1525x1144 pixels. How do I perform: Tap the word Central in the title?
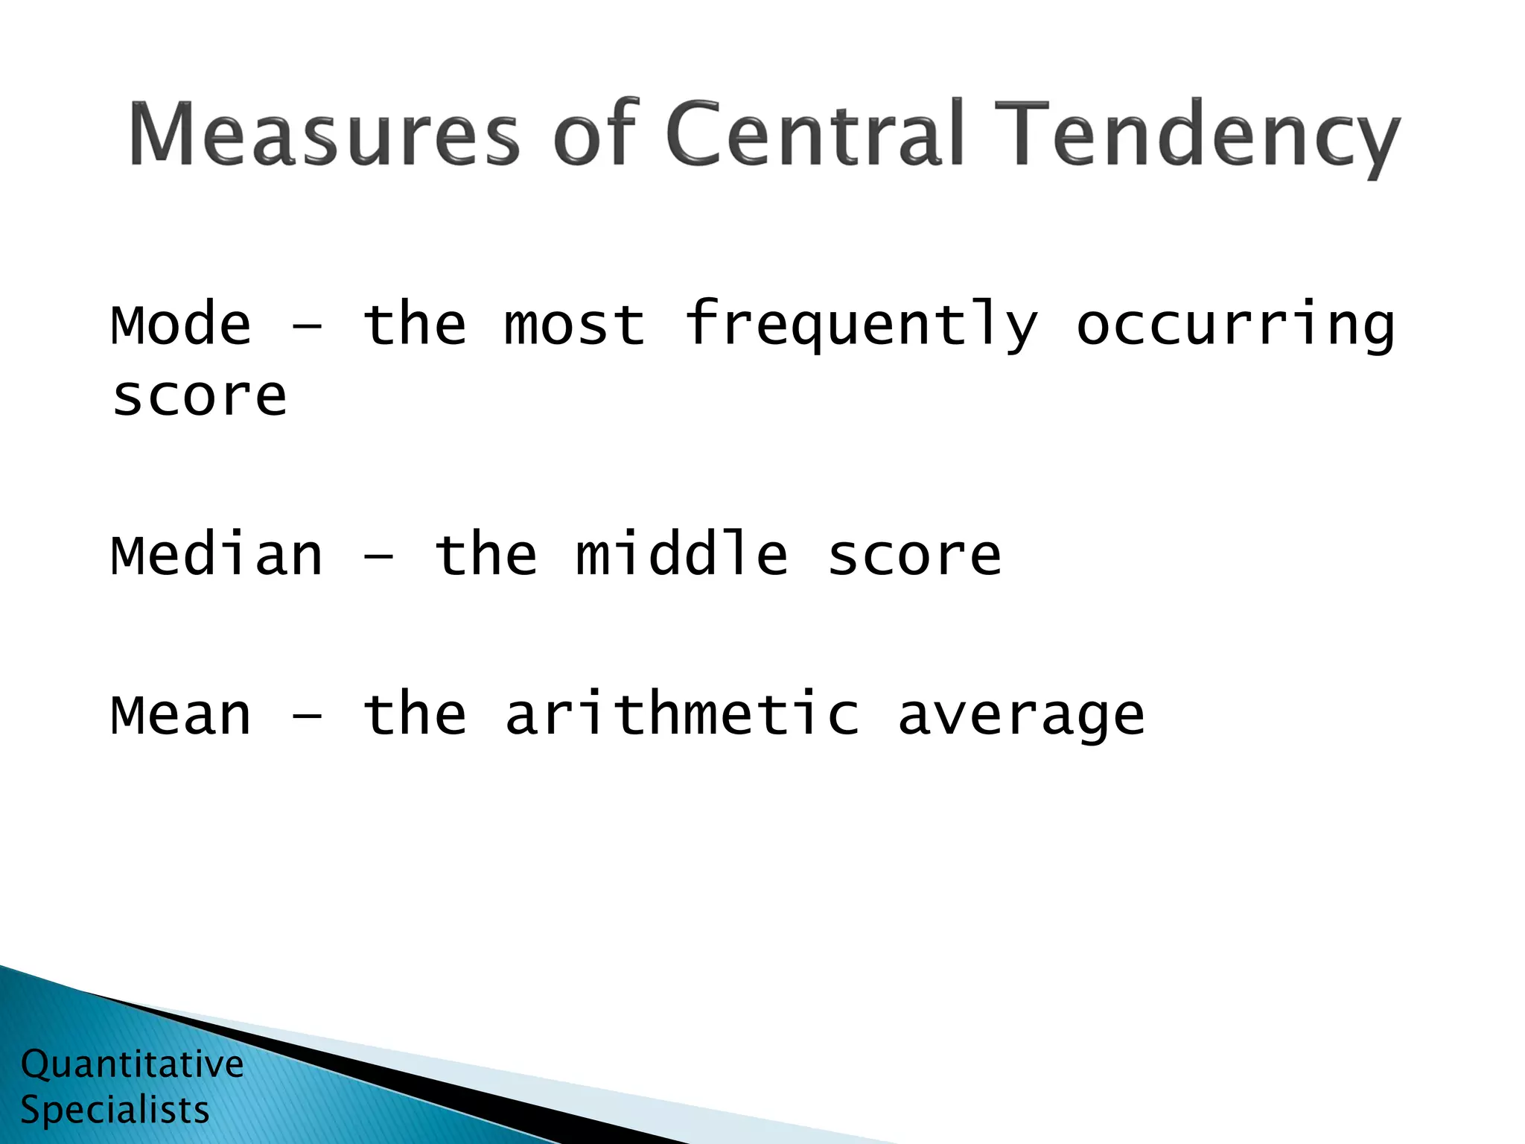[x=816, y=134]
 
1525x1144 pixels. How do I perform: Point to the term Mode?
[x=181, y=326]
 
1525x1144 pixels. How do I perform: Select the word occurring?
[x=1235, y=326]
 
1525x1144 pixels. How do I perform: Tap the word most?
[x=574, y=326]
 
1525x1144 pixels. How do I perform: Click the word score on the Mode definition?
[x=199, y=396]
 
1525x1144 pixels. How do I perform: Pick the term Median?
[x=217, y=556]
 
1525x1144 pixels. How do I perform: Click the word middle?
[x=681, y=556]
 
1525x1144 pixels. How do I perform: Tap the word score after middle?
[x=914, y=556]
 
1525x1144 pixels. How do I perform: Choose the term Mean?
[x=181, y=715]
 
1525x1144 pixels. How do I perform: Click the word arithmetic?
[x=682, y=715]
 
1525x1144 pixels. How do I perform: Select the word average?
[x=1021, y=715]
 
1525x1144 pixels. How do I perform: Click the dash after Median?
[x=378, y=557]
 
